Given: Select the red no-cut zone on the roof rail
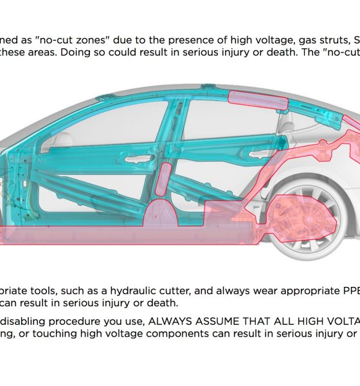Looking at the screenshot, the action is (x=258, y=100).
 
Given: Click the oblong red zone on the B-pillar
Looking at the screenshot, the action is (x=163, y=179).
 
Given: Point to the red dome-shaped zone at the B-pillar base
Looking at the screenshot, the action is (x=161, y=213).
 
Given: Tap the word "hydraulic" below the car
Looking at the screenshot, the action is (x=133, y=291).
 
